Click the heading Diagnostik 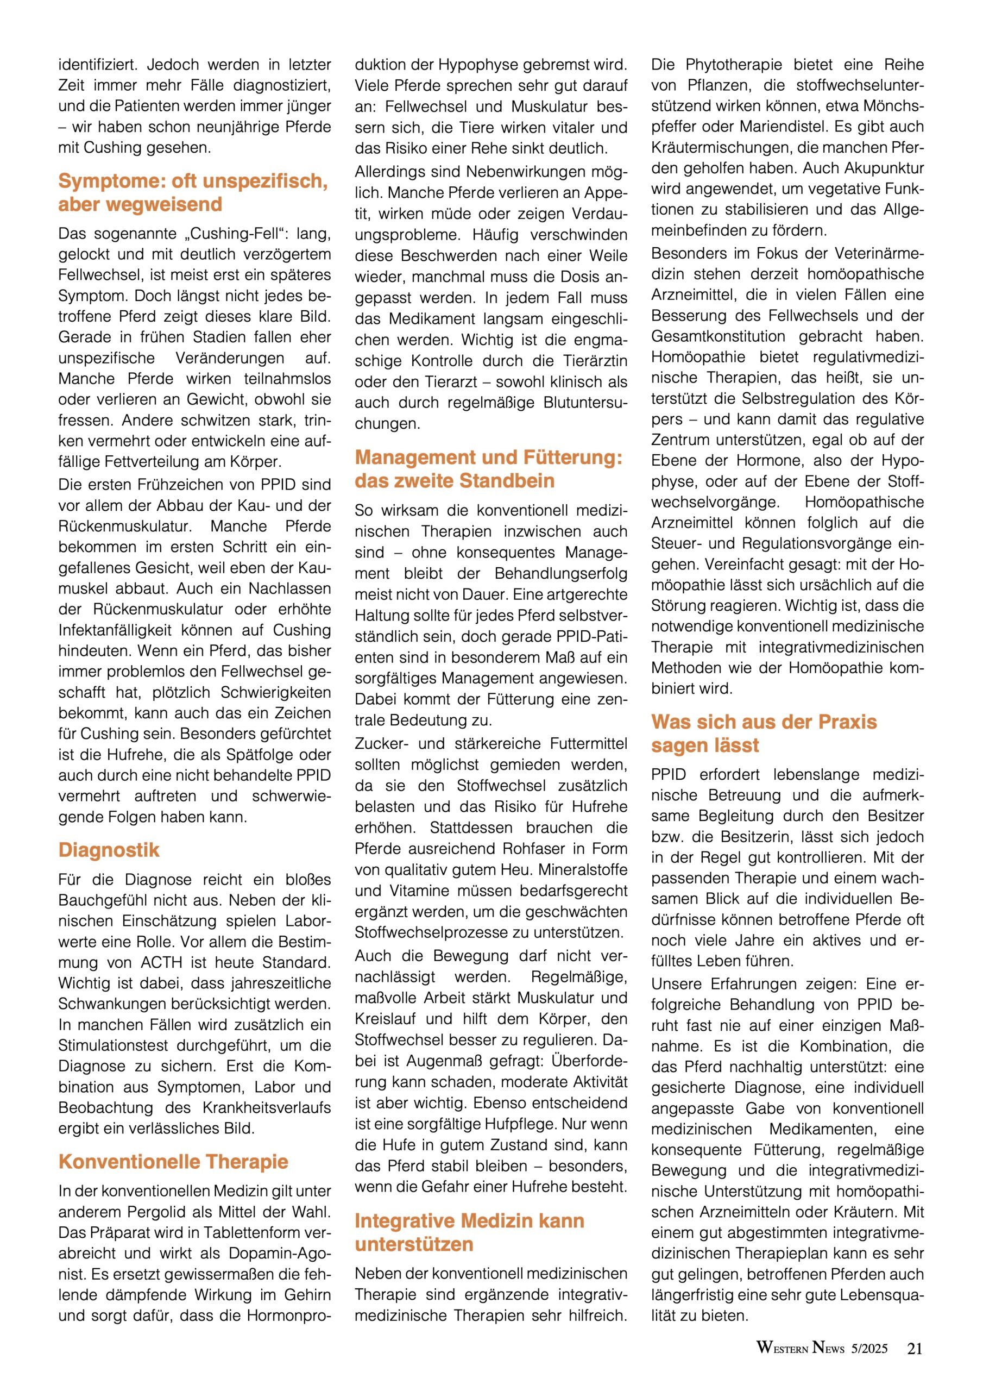[109, 850]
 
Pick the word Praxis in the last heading [848, 722]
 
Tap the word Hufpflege [520, 1124]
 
